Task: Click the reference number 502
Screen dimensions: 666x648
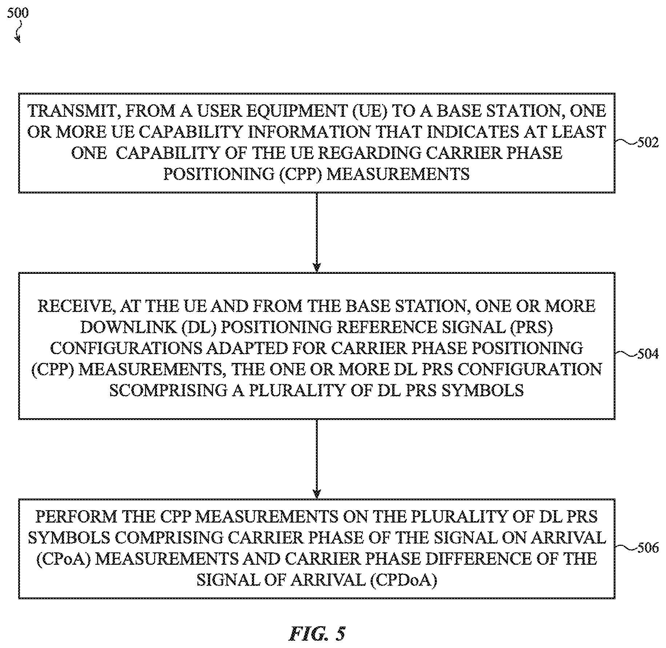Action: coord(648,143)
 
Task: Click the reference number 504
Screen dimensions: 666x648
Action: coord(648,354)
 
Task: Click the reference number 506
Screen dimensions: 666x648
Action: coord(648,548)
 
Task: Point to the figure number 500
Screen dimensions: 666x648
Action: coord(17,13)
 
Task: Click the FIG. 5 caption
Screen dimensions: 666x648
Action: coord(317,634)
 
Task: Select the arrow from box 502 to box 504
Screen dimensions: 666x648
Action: coord(317,232)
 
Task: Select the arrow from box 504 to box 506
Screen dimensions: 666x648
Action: coord(317,459)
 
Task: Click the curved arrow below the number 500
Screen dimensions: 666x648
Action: coord(18,31)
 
